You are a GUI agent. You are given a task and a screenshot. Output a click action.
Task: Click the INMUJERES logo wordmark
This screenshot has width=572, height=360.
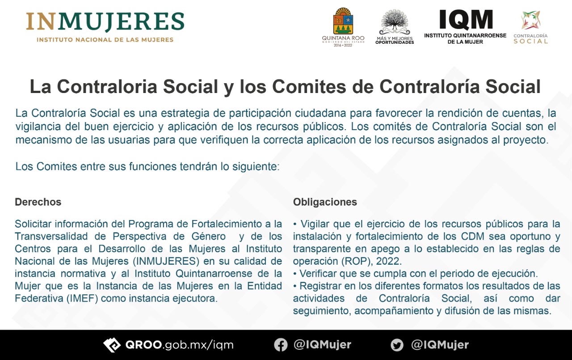pos(105,22)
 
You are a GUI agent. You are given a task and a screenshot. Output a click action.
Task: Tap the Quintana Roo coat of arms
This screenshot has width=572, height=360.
pos(343,21)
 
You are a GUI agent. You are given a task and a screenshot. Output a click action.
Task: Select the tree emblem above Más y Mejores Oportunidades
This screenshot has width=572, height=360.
pos(395,22)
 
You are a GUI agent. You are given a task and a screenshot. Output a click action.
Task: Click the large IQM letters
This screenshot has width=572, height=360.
pos(466,19)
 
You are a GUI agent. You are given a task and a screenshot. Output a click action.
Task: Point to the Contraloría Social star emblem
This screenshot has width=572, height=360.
pos(530,20)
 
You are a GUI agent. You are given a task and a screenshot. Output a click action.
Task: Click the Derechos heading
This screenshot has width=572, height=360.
pos(38,202)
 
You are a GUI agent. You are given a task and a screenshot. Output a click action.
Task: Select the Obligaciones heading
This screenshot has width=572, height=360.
pos(325,202)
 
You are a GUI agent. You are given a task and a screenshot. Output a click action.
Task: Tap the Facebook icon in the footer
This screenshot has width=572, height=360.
pos(281,345)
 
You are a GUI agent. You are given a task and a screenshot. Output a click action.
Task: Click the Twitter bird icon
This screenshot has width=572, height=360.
pos(397,345)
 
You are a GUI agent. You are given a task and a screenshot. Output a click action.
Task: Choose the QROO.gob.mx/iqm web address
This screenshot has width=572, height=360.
pos(179,345)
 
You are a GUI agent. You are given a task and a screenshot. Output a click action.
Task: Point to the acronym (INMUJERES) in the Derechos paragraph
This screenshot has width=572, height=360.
pos(166,261)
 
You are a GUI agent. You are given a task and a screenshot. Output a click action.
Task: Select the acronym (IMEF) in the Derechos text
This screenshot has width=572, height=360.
pos(82,298)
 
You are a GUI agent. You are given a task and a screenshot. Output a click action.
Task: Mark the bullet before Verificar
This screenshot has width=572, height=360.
pos(295,274)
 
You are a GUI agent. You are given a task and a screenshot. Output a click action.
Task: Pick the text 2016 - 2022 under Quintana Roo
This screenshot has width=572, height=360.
pos(343,45)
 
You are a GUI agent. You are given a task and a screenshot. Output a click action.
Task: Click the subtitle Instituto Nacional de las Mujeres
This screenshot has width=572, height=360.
pos(105,40)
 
